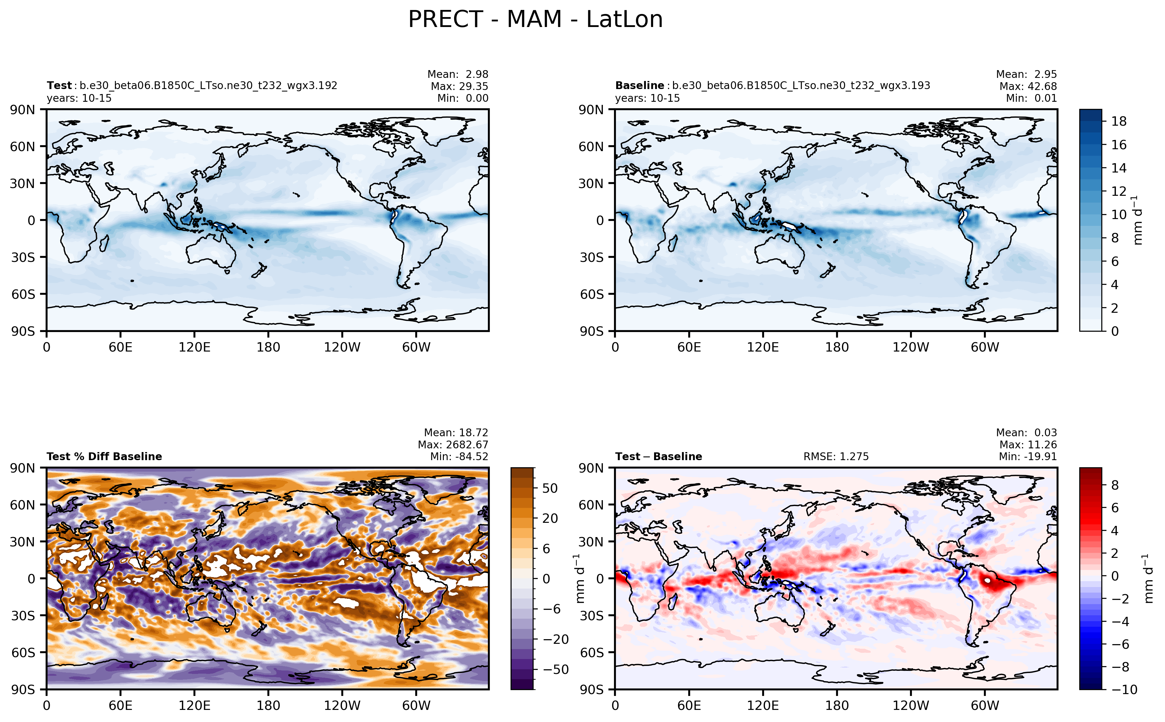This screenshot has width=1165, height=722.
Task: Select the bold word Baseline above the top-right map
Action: [639, 85]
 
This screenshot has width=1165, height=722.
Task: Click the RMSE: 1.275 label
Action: [836, 456]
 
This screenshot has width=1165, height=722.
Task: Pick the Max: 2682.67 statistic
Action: [453, 445]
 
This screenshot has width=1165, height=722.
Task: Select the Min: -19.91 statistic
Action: [1028, 456]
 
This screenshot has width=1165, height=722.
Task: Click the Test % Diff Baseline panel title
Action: [104, 456]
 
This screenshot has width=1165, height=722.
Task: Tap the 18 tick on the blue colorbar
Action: [1119, 121]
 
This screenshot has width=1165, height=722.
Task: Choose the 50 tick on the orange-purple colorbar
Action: [550, 488]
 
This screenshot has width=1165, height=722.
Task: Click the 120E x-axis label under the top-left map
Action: [194, 347]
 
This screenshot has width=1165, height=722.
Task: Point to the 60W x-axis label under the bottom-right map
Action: [985, 705]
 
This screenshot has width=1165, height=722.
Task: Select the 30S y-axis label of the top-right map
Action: [592, 258]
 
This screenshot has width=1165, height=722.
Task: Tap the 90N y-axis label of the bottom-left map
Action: [23, 468]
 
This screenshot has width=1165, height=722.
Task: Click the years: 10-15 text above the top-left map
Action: [79, 98]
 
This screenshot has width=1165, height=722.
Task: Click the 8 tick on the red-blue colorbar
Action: [1115, 485]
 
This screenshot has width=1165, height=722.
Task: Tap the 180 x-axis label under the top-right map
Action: [837, 347]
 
